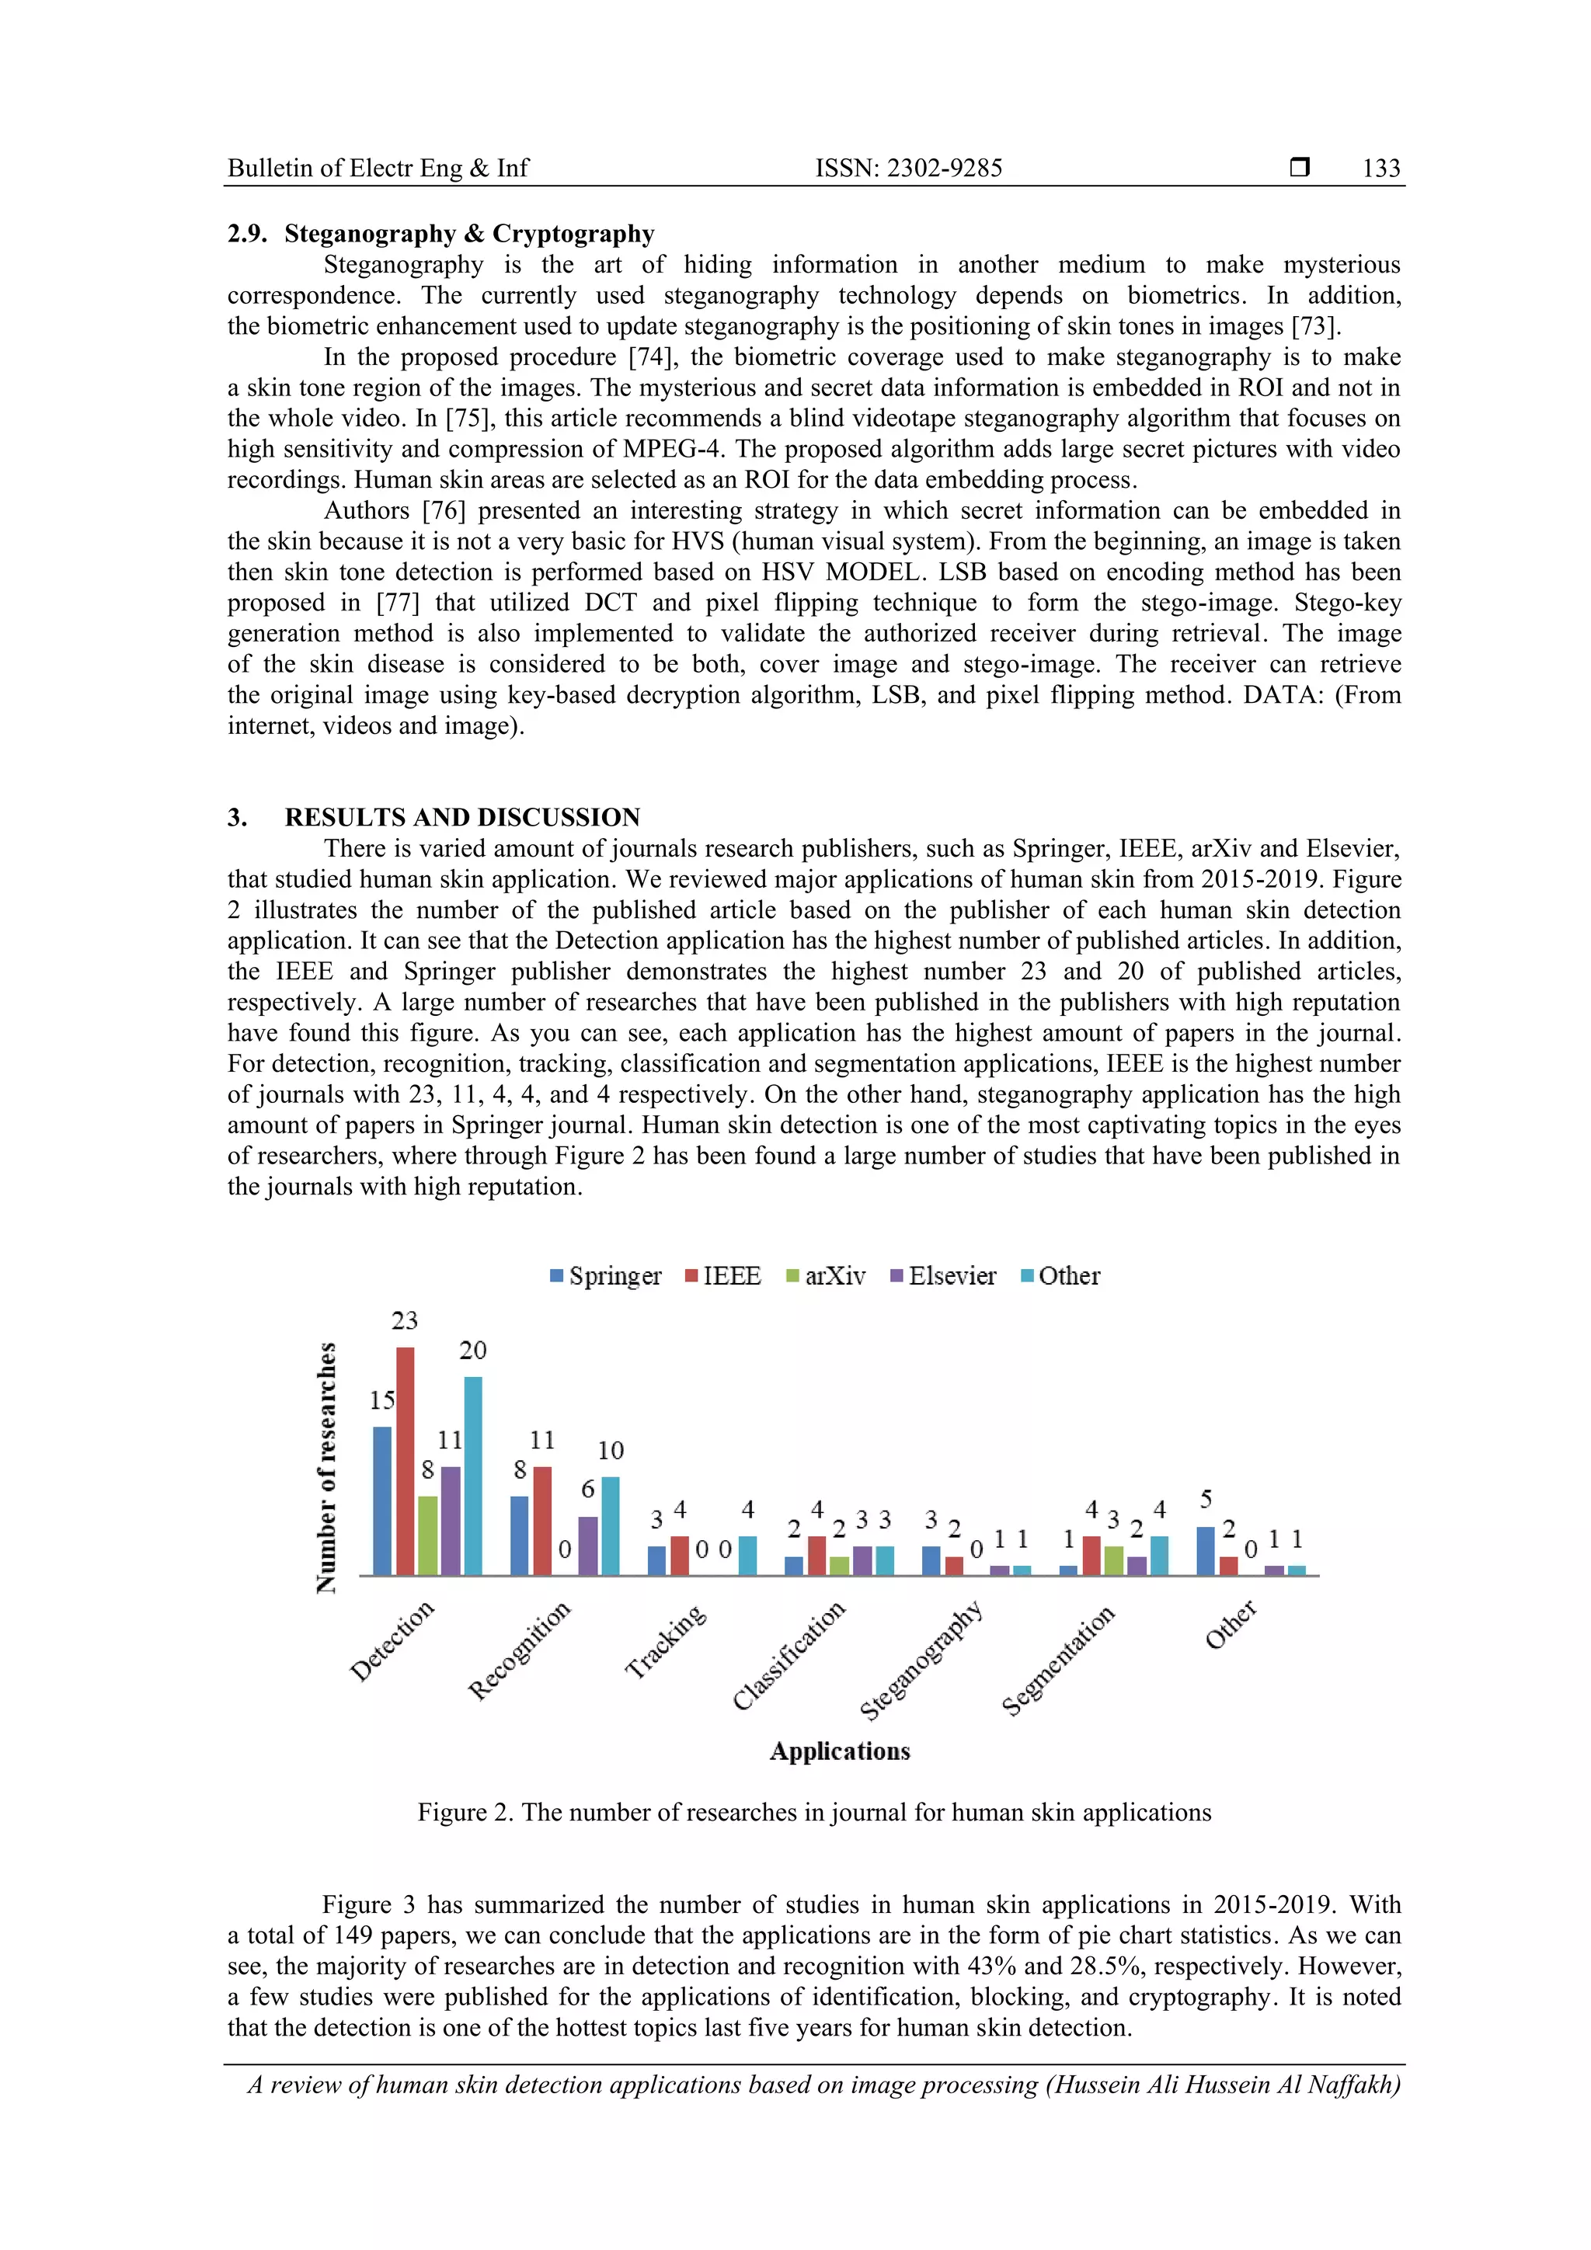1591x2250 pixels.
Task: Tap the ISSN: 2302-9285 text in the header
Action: tap(909, 169)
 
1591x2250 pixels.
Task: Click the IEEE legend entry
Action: tap(722, 1276)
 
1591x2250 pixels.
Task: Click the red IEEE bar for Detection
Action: tap(405, 1460)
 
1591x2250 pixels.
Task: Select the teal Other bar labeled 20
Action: tap(472, 1475)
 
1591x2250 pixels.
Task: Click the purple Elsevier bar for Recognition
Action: tap(587, 1546)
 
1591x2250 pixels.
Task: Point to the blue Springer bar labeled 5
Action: tap(1206, 1550)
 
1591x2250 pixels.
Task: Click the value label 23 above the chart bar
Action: tap(404, 1321)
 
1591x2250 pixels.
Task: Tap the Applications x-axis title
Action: tap(839, 1751)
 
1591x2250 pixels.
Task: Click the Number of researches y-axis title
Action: tap(326, 1467)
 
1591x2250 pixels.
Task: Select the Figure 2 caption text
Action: tap(813, 1812)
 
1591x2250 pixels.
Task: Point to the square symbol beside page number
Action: tap(1300, 168)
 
